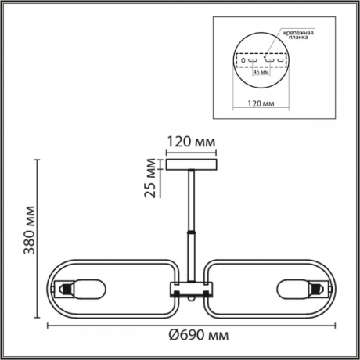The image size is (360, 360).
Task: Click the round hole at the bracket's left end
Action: click(x=243, y=60)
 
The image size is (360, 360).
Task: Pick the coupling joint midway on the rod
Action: click(x=189, y=233)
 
